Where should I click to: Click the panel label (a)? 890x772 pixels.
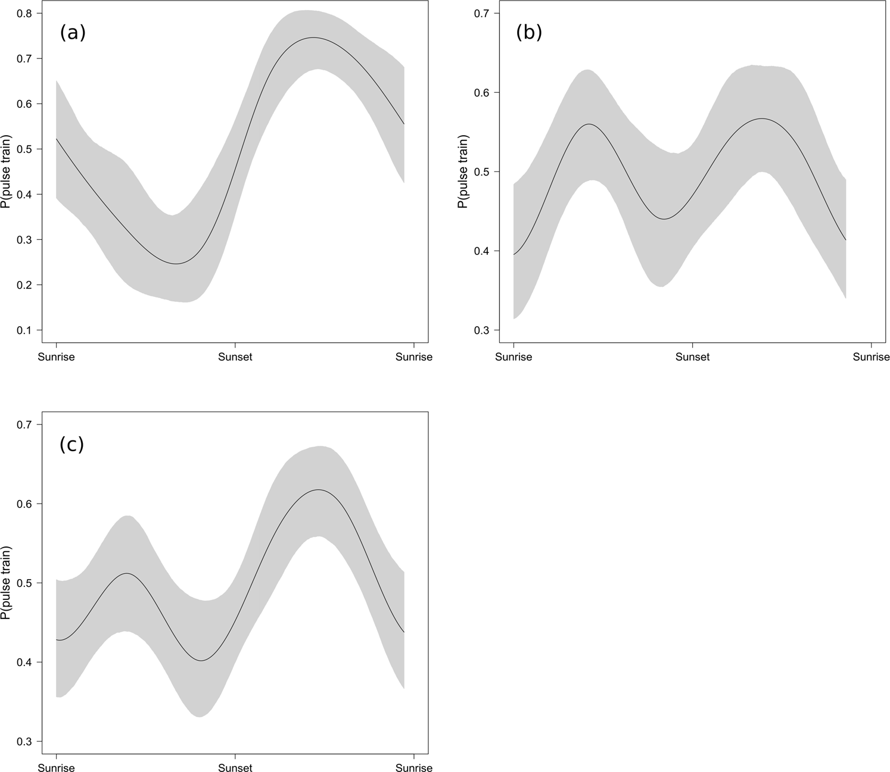pyautogui.click(x=73, y=33)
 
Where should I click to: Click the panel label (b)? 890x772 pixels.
pyautogui.click(x=529, y=33)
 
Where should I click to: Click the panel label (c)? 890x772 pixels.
pyautogui.click(x=72, y=444)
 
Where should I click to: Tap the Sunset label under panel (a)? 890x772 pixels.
pyautogui.click(x=235, y=357)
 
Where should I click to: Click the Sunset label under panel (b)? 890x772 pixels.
pyautogui.click(x=692, y=357)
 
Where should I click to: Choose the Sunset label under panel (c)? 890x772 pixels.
pyautogui.click(x=235, y=768)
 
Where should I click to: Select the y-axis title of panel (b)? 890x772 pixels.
pyautogui.click(x=462, y=172)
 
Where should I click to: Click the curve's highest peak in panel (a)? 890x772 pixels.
pyautogui.click(x=313, y=37)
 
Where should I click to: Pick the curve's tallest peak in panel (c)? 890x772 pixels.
pyautogui.click(x=319, y=490)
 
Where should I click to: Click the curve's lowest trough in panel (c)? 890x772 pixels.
pyautogui.click(x=201, y=661)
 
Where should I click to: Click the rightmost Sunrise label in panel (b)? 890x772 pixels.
pyautogui.click(x=871, y=357)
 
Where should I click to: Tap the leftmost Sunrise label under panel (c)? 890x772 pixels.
pyautogui.click(x=57, y=768)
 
